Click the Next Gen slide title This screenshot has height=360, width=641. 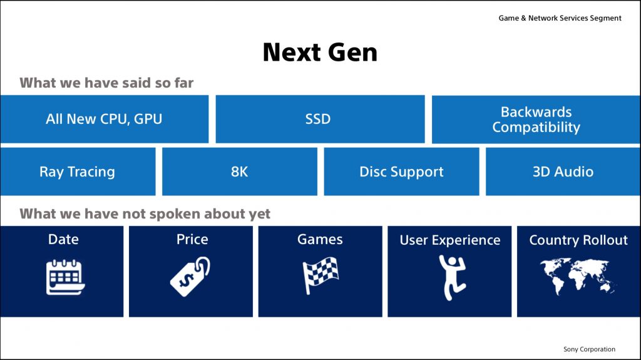[x=320, y=53]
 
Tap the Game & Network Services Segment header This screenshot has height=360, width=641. [x=560, y=18]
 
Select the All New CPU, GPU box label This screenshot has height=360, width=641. [x=104, y=119]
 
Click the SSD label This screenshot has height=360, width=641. [x=317, y=119]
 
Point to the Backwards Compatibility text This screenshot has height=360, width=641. [x=536, y=120]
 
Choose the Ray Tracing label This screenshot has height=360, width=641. [x=77, y=172]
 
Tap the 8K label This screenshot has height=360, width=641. [x=239, y=172]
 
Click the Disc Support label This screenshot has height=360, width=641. [x=401, y=172]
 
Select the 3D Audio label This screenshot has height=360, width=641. [x=563, y=172]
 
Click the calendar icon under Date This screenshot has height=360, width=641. [x=65, y=277]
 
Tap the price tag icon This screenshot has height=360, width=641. [x=190, y=276]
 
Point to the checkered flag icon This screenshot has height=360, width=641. [x=320, y=275]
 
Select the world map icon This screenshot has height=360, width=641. [x=578, y=276]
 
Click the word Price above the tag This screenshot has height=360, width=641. [x=192, y=239]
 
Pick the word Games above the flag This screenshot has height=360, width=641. [x=320, y=239]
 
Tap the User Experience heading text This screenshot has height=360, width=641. [x=449, y=240]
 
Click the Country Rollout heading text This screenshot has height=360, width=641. [x=578, y=240]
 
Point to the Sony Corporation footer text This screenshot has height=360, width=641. [x=589, y=349]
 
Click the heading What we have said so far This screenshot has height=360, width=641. [x=106, y=83]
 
